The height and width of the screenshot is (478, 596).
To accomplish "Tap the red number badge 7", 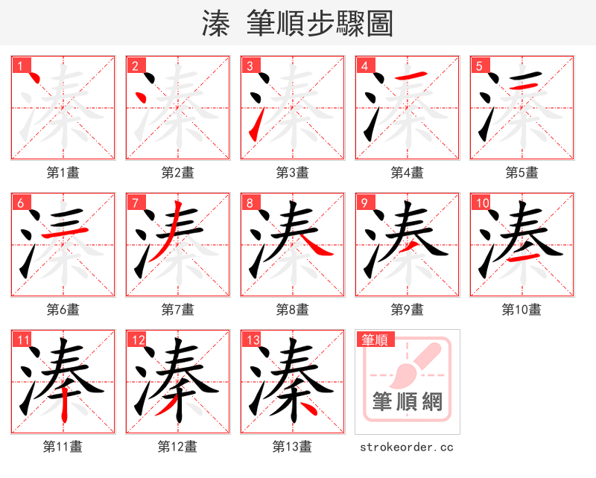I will pyautogui.click(x=135, y=203).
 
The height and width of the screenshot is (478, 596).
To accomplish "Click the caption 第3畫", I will pyautogui.click(x=292, y=173).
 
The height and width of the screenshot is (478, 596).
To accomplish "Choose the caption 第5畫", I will pyautogui.click(x=521, y=173).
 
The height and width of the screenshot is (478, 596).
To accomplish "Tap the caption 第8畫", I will pyautogui.click(x=292, y=309).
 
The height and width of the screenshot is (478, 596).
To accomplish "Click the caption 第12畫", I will pyautogui.click(x=177, y=447).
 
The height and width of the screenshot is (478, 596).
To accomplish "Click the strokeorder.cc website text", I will pyautogui.click(x=406, y=447).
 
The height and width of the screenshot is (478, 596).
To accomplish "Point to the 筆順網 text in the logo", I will pyautogui.click(x=408, y=402).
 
